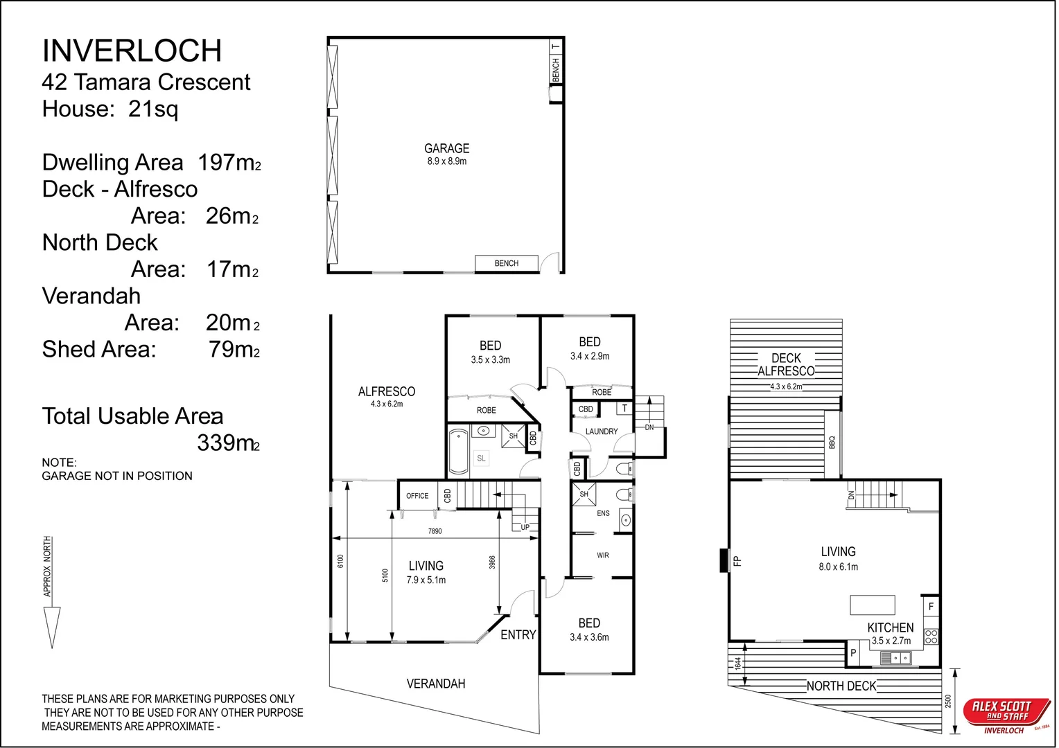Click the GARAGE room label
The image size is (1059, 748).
coord(446,148)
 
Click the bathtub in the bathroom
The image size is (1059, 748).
coord(457,451)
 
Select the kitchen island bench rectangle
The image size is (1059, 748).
coord(873,605)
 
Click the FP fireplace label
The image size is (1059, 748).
coord(737,561)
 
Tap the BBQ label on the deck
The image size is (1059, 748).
coord(832,443)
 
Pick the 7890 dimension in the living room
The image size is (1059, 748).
coord(435,531)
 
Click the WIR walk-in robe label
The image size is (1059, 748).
coord(603,555)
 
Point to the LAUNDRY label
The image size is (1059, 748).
coord(602,431)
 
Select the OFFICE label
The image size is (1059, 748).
coord(417,496)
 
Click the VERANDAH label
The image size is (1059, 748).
coord(436,684)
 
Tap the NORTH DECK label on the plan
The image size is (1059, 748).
coord(841,686)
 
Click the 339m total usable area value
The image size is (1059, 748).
coord(228,443)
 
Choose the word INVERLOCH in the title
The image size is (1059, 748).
coord(132,51)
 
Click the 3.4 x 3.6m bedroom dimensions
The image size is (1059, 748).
coord(589,637)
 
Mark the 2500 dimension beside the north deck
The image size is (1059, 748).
coord(948,701)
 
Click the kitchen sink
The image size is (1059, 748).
coord(895,658)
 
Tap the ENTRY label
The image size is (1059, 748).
coord(518,634)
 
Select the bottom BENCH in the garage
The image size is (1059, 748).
coord(507,263)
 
